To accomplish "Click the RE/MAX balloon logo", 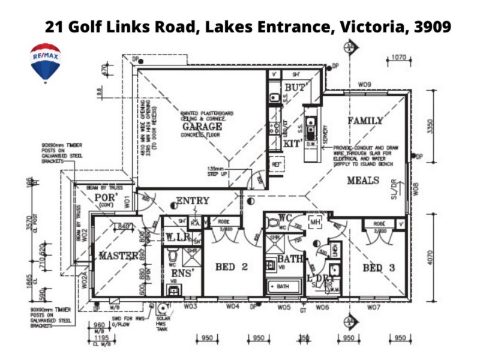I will coord(46,62).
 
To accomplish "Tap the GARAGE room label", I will coord(202,127).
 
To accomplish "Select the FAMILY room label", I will coord(365,121).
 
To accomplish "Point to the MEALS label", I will coord(362,181).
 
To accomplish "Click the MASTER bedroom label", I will coord(118,256).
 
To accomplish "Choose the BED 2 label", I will coord(231,266).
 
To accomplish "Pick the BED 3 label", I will coord(379,268).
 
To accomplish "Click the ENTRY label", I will coord(193,201).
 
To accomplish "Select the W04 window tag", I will coord(233,307).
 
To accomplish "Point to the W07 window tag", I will coord(374,307).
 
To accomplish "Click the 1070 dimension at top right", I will coord(398,58).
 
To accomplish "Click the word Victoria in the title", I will coord(373,27).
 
